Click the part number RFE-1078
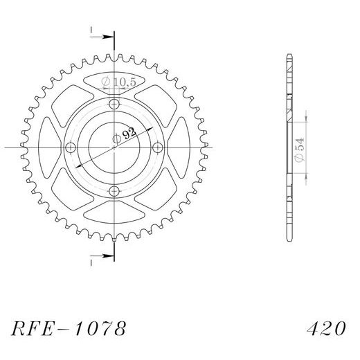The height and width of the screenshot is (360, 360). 69,328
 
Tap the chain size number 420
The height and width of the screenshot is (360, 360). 326,328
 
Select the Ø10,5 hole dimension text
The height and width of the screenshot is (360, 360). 118,82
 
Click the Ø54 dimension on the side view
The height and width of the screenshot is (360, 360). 300,150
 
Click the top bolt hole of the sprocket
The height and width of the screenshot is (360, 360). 114,104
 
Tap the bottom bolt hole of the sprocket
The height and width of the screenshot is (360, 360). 114,191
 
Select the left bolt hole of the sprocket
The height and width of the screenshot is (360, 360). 71,147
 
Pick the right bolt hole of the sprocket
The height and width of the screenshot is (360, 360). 158,147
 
